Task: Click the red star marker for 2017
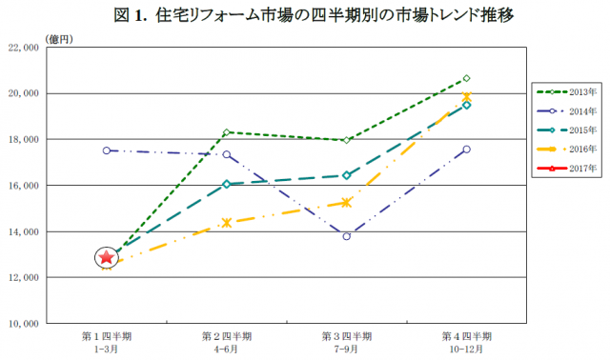click(x=107, y=257)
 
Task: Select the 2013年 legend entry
click(x=568, y=91)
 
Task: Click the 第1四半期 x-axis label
click(x=107, y=336)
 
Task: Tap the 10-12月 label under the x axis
click(x=467, y=349)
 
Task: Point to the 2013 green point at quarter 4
click(x=466, y=78)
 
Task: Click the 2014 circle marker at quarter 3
click(x=347, y=236)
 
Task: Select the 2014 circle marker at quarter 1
click(x=107, y=150)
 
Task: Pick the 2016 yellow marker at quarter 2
click(x=227, y=223)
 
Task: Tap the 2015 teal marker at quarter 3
click(x=347, y=175)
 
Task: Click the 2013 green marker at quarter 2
click(x=227, y=132)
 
